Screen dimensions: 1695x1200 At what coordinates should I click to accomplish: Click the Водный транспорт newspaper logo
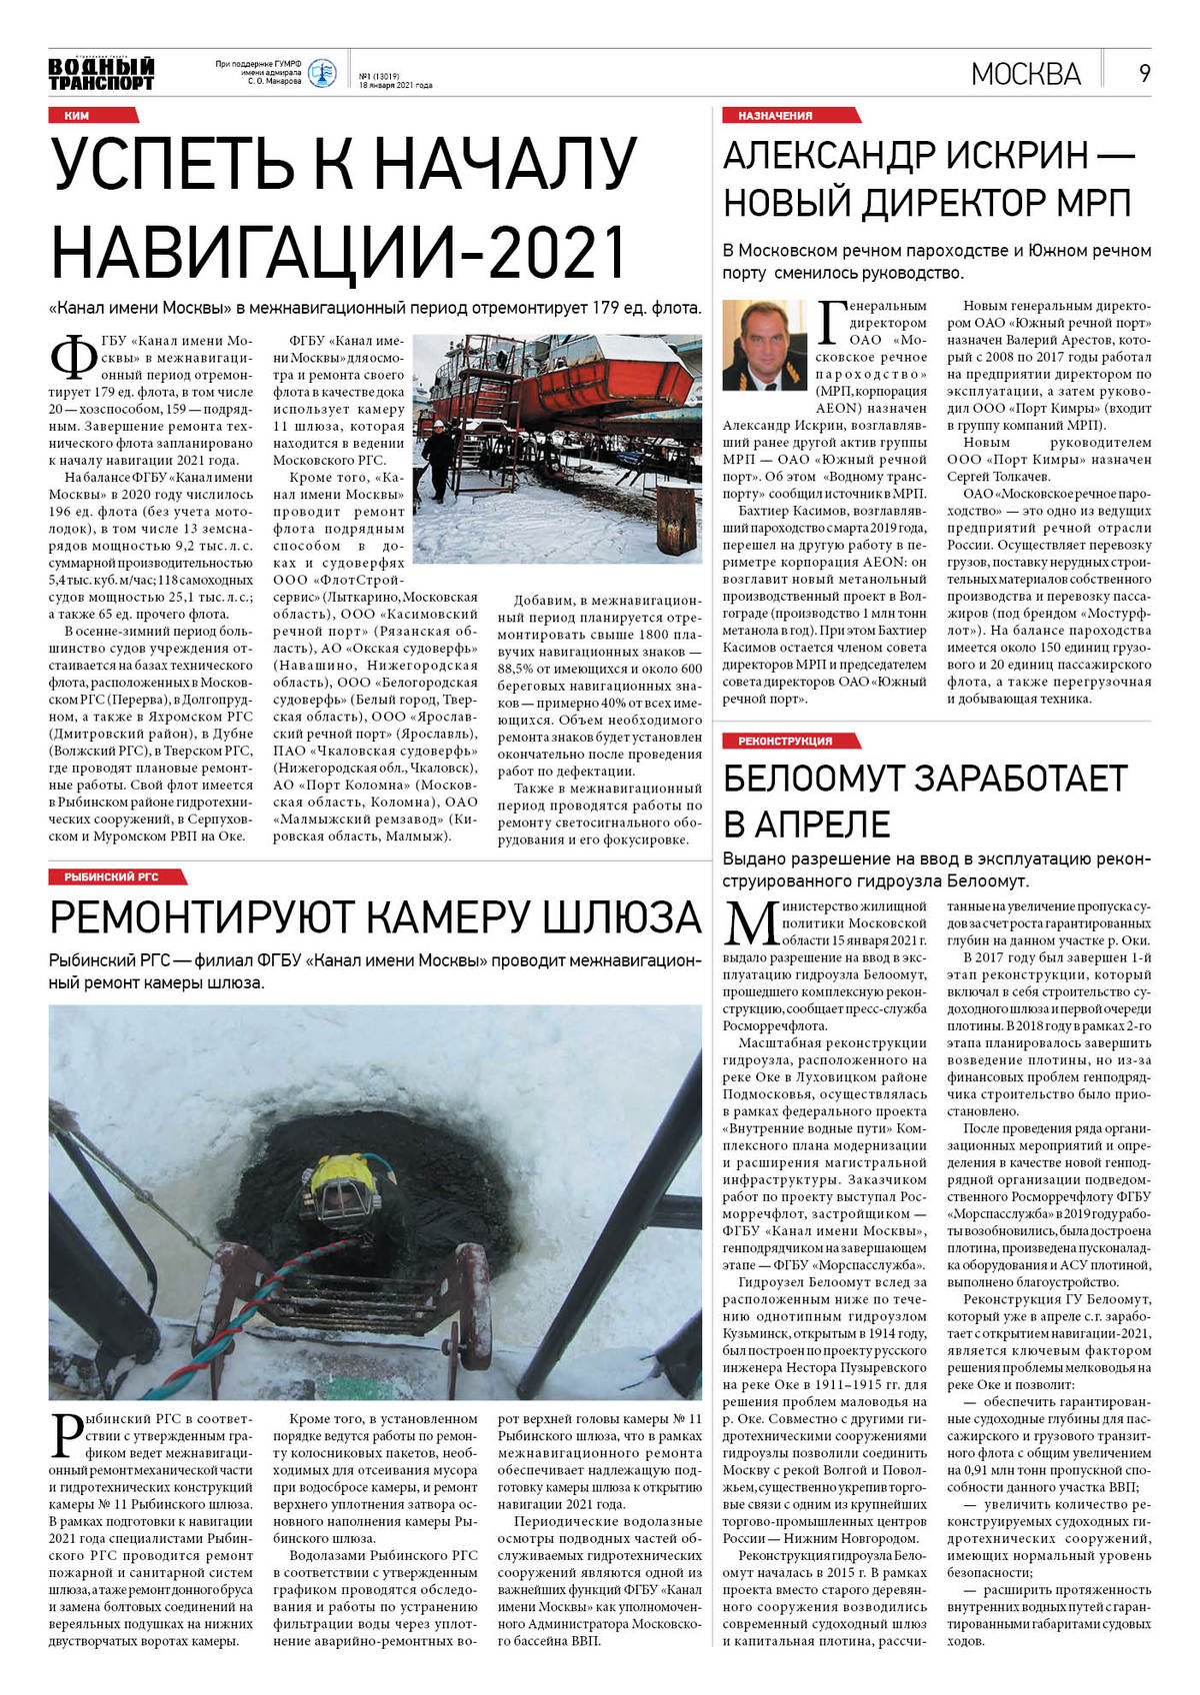tap(101, 73)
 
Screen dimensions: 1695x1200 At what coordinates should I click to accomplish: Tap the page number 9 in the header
tap(1144, 73)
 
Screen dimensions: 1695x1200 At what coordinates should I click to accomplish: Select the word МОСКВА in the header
tap(1025, 74)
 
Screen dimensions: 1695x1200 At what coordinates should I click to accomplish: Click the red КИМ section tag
tap(76, 116)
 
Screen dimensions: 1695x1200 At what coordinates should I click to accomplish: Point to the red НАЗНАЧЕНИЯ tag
tap(775, 116)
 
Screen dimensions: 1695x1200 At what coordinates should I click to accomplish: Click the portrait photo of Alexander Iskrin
tap(764, 346)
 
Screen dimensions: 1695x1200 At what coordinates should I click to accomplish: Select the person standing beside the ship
tap(439, 459)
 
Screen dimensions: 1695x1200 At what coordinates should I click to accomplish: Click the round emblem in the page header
tap(321, 73)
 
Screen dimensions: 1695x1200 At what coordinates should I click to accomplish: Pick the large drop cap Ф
tap(73, 361)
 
